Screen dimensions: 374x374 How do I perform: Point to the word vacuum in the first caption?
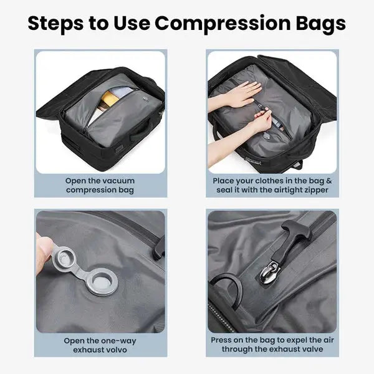point(118,181)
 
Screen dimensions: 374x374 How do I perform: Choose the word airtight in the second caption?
point(279,189)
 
